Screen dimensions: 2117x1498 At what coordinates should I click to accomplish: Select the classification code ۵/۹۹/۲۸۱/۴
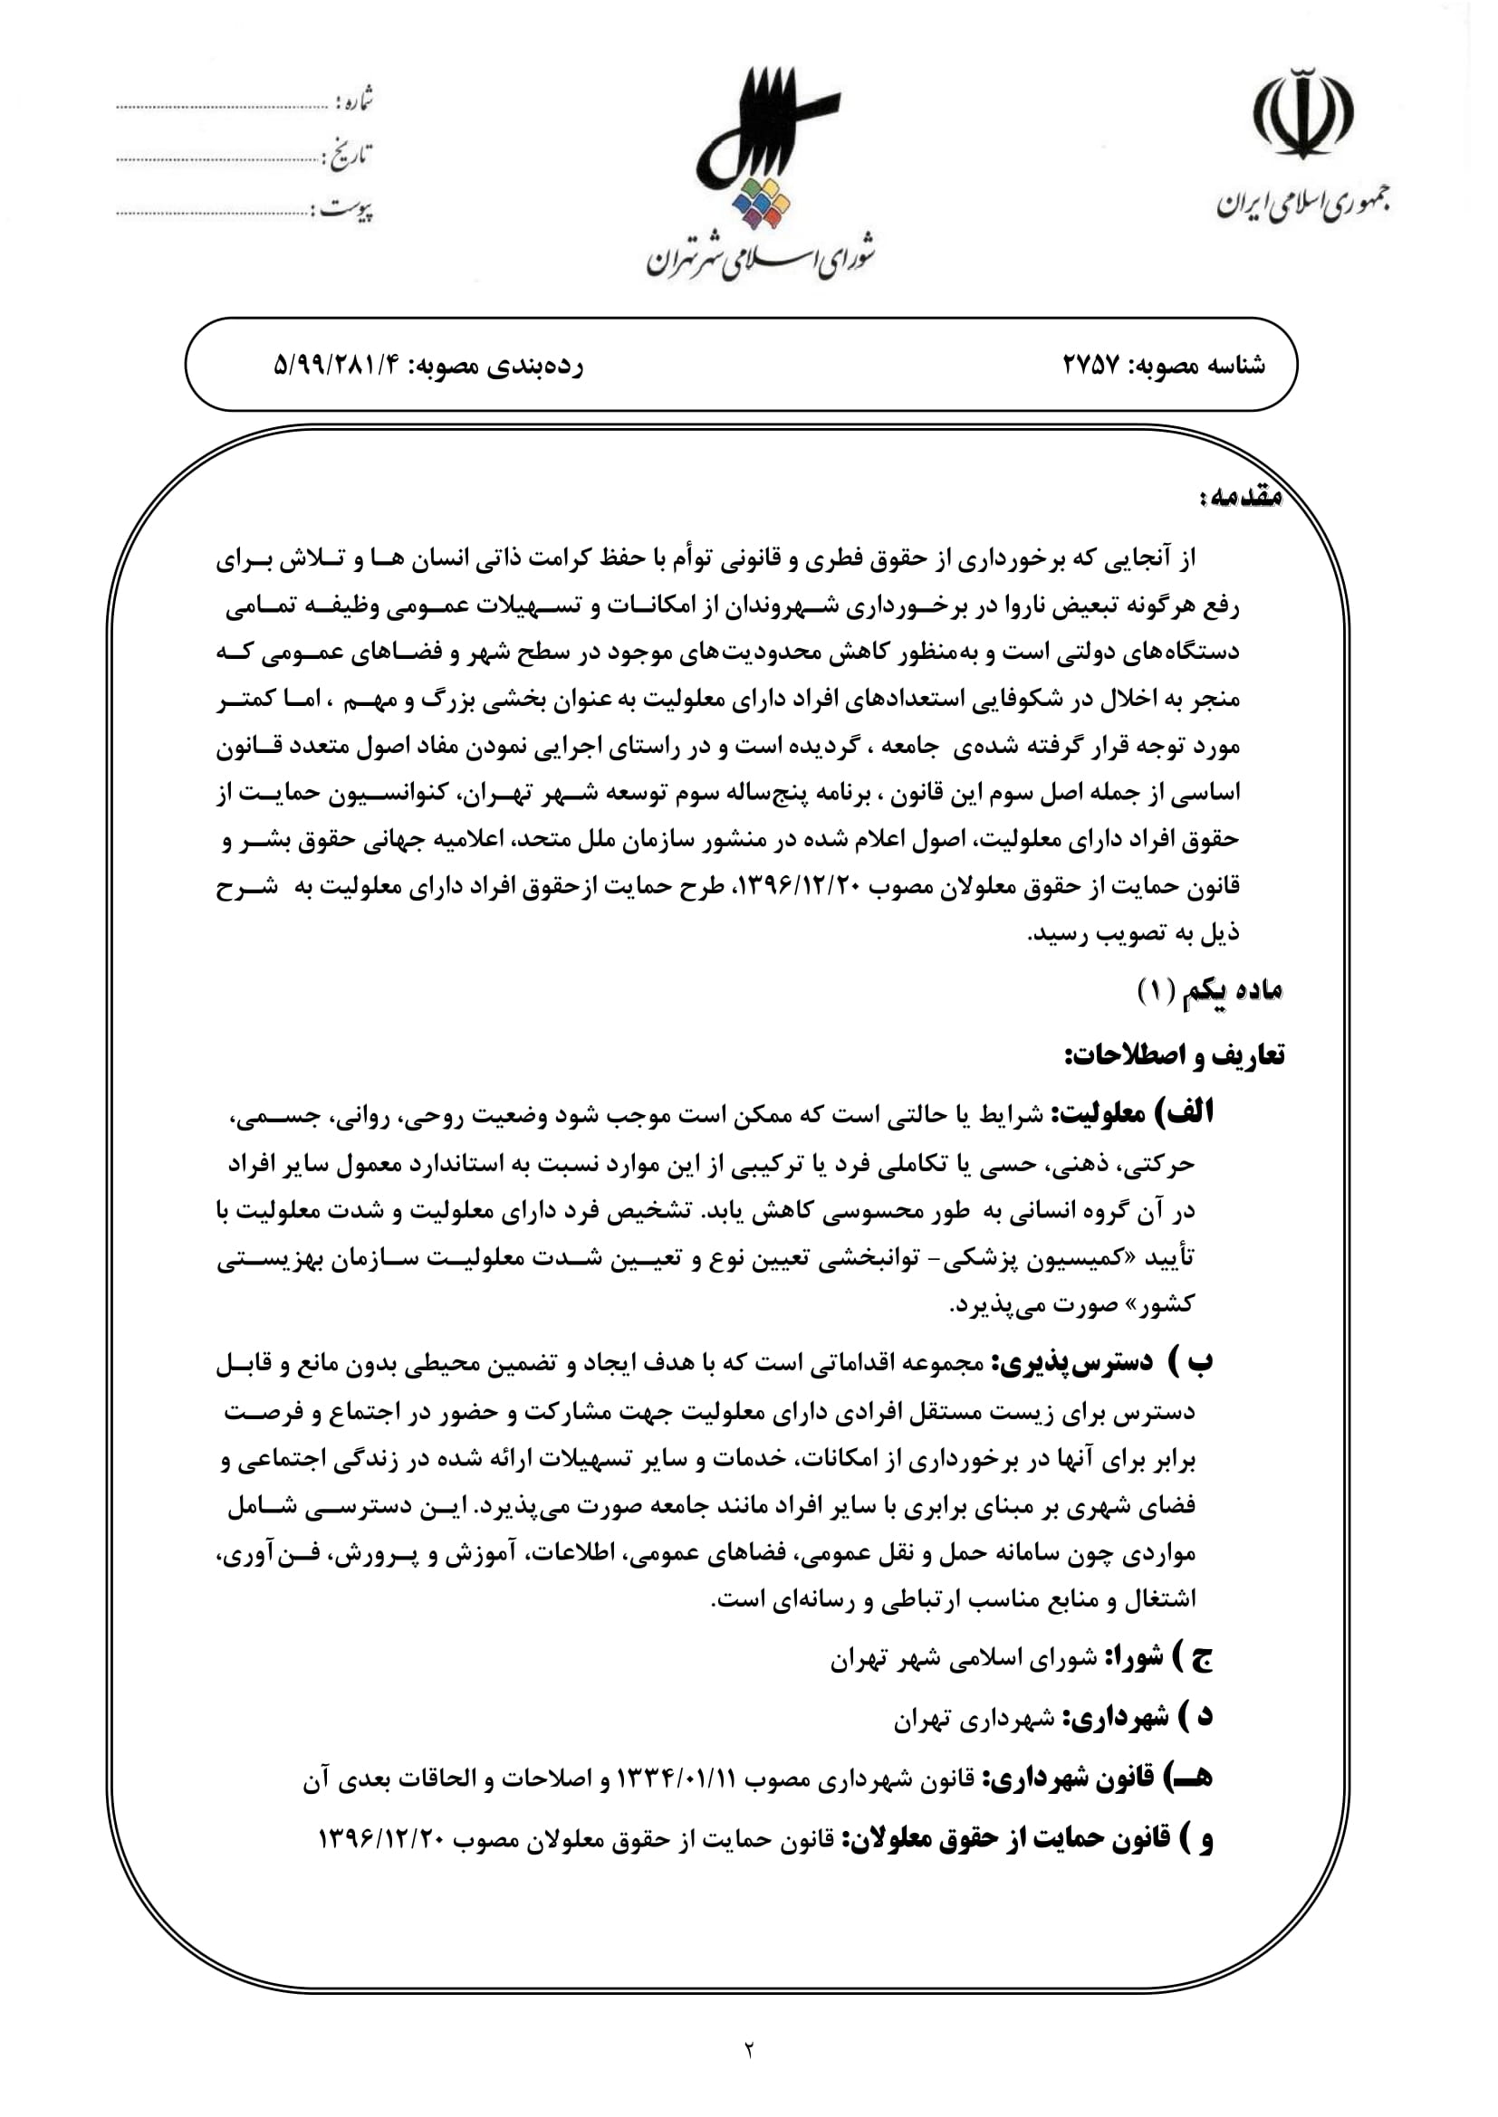pos(341,366)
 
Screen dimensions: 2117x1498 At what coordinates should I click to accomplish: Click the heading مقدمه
pos(1241,498)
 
